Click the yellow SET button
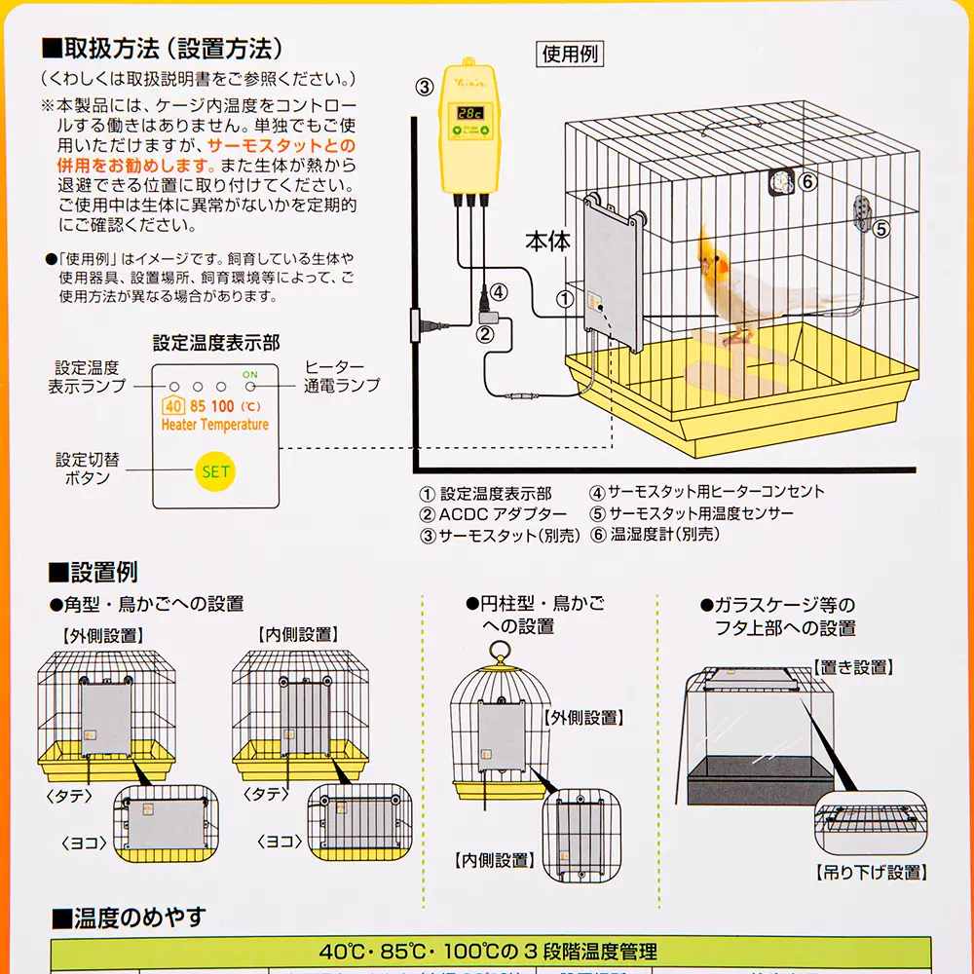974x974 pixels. click(214, 471)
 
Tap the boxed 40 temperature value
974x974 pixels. click(173, 406)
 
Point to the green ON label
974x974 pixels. click(250, 374)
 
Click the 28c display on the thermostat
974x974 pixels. click(473, 112)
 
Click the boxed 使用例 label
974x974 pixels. click(570, 55)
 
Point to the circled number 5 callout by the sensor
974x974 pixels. click(881, 229)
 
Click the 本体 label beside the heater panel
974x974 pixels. click(547, 242)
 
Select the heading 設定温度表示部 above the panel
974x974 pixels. click(215, 343)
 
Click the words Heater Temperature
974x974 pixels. click(214, 425)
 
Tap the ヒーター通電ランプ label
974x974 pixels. click(341, 375)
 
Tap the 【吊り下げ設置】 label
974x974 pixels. click(870, 872)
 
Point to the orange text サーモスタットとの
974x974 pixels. click(281, 145)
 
